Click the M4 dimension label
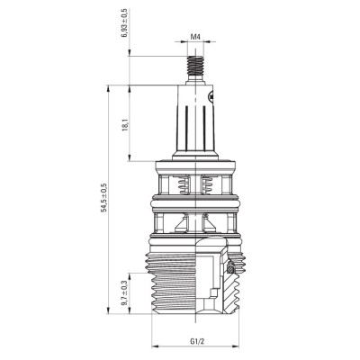pos(194,37)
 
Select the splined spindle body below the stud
pos(193,126)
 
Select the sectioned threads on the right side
pos(237,288)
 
